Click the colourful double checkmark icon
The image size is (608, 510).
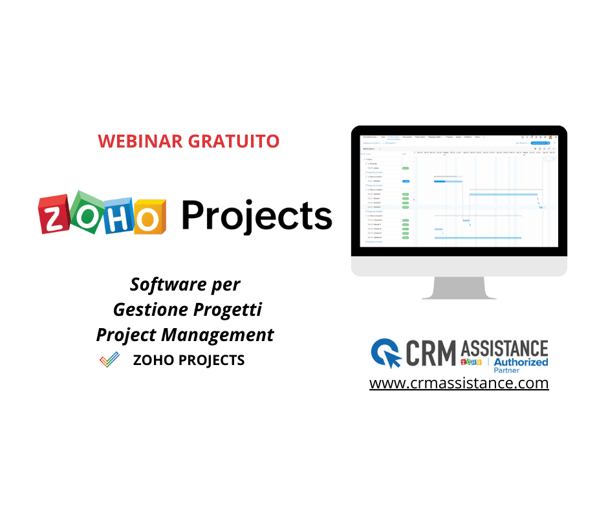pos(110,360)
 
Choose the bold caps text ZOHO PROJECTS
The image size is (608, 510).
pos(189,360)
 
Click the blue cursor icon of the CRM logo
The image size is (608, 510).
pos(385,353)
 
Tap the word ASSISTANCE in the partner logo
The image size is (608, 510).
pos(504,349)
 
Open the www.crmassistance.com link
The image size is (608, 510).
pos(459,383)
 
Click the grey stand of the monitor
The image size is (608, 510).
pos(459,288)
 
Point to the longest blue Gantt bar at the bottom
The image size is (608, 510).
pos(478,238)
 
